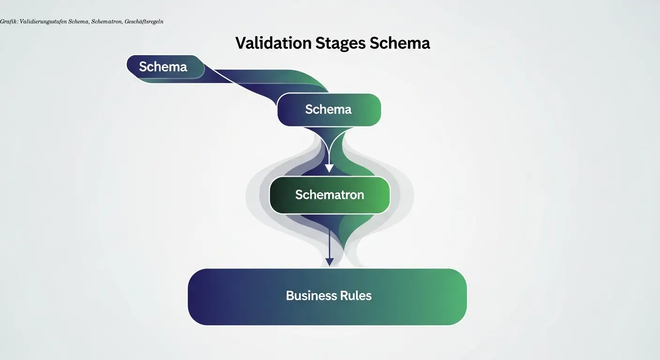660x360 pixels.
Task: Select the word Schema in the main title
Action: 400,43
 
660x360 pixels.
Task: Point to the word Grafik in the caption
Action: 8,22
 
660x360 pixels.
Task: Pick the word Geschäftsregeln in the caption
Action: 144,22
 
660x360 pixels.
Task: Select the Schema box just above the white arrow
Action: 329,110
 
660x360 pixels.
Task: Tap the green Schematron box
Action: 330,195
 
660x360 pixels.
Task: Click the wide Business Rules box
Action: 327,296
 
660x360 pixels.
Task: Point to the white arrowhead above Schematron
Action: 329,168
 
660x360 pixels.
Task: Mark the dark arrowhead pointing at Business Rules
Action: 330,262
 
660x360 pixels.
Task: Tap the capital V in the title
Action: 240,43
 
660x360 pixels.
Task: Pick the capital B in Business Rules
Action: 290,296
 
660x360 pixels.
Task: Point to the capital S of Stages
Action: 320,43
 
